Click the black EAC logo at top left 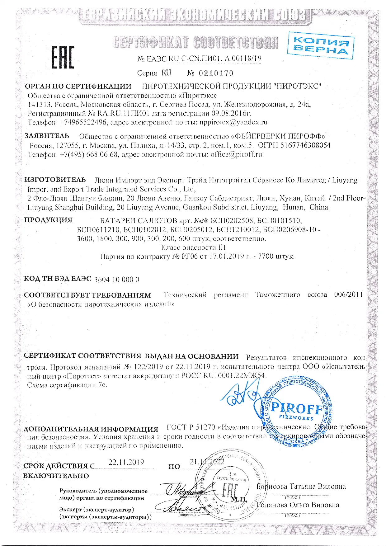[x=63, y=57]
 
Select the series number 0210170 [x=215, y=73]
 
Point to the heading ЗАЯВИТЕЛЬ [x=47, y=136]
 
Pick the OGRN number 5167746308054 [x=305, y=145]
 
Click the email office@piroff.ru [x=236, y=154]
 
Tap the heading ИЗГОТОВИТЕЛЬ [x=55, y=180]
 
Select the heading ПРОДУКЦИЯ [x=48, y=220]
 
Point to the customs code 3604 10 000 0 [x=116, y=279]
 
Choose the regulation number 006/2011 [x=348, y=294]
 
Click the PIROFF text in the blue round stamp [x=296, y=408]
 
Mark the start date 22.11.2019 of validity [x=126, y=462]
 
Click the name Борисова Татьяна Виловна [x=301, y=486]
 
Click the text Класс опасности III [x=193, y=247]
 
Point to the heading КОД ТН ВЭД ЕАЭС [x=57, y=279]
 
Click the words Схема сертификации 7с [x=67, y=385]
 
